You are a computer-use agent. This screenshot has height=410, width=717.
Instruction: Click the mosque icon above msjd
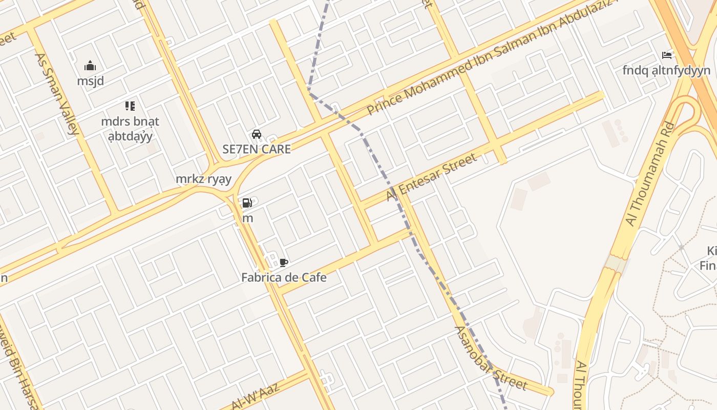coord(90,66)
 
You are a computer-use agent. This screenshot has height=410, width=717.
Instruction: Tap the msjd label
coord(91,81)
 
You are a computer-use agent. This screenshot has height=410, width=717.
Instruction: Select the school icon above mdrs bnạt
coord(130,106)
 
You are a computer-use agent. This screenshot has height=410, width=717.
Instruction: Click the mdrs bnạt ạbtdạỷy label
coord(130,129)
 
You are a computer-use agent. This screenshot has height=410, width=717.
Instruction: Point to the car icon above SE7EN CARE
coord(257,134)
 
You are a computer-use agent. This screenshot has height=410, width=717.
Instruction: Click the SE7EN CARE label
coord(257,149)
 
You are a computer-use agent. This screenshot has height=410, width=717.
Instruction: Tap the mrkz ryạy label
coord(204,179)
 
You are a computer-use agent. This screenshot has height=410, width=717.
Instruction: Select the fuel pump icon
coord(247,203)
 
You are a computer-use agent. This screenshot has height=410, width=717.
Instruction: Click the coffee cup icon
coord(284,263)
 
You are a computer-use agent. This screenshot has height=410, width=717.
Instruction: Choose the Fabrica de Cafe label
coord(284,278)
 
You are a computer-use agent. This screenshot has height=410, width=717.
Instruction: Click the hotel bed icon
coord(666,55)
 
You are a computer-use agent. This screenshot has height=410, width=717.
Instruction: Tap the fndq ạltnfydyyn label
coord(666,71)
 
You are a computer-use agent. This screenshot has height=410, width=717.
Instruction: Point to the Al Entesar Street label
coord(432,177)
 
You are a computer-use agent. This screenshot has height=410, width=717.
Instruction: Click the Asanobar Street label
coord(490,358)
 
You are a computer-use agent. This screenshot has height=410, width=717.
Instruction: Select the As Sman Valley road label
coord(57,94)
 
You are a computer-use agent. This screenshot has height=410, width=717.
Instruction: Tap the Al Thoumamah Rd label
coord(649,174)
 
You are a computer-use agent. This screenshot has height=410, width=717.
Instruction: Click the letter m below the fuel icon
coord(247,218)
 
